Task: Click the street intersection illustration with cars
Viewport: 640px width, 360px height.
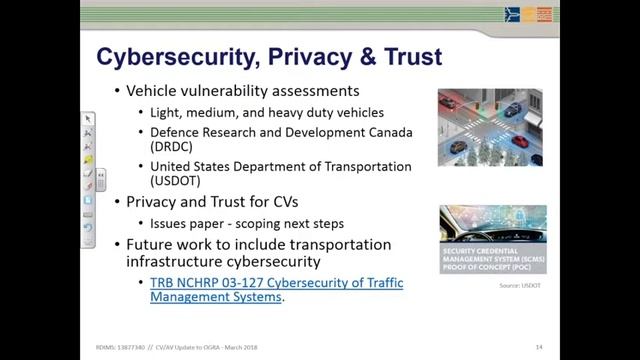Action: point(490,127)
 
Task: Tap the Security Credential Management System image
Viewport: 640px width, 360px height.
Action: point(493,239)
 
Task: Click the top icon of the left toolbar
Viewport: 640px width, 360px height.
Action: point(88,119)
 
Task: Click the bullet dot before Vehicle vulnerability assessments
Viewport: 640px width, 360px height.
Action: point(116,91)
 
